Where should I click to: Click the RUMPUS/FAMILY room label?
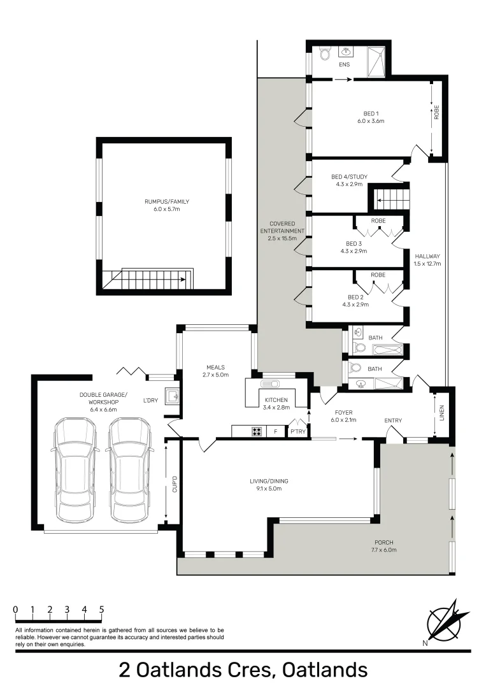coord(166,202)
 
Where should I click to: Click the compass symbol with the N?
coord(443,620)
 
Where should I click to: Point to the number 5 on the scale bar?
coord(101,610)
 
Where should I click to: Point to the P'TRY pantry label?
coord(297,432)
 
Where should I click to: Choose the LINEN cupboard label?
coord(441,413)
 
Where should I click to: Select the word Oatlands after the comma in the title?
coord(325,670)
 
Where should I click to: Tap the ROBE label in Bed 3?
coord(378,221)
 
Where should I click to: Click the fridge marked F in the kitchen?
coord(275,432)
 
